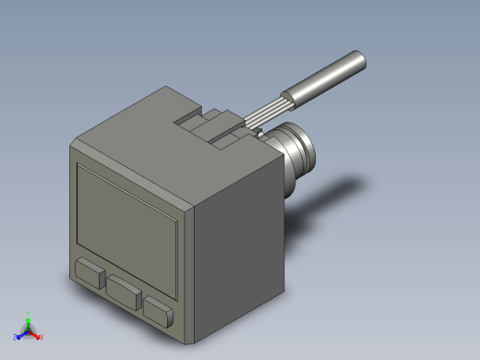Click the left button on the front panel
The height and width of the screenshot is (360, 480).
click(x=89, y=273)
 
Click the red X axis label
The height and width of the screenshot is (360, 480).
click(x=42, y=337)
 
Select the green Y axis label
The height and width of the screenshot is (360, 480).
click(x=29, y=314)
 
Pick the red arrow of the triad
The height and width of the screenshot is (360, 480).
click(x=35, y=334)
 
